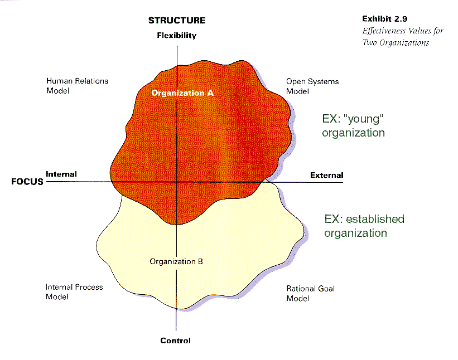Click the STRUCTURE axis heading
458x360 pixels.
tap(177, 21)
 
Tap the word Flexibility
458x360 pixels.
tap(177, 35)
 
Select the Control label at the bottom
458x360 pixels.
tap(175, 340)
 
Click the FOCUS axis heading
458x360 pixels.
tap(27, 182)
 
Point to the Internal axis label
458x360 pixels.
tap(61, 174)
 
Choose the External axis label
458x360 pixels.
tap(326, 176)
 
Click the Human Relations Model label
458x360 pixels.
tap(77, 86)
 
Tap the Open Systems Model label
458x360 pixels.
tap(312, 86)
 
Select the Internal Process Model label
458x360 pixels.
tap(74, 292)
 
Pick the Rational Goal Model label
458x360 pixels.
tap(310, 293)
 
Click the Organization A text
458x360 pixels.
tap(182, 93)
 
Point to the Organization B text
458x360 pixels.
tap(176, 262)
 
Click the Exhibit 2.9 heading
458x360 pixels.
tap(385, 19)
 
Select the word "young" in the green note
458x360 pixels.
tap(363, 119)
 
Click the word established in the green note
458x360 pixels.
tap(375, 219)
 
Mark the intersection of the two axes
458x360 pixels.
tap(177, 182)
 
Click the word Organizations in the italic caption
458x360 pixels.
tap(404, 43)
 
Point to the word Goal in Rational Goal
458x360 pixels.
tap(326, 289)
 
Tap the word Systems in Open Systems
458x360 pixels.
tap(324, 82)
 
